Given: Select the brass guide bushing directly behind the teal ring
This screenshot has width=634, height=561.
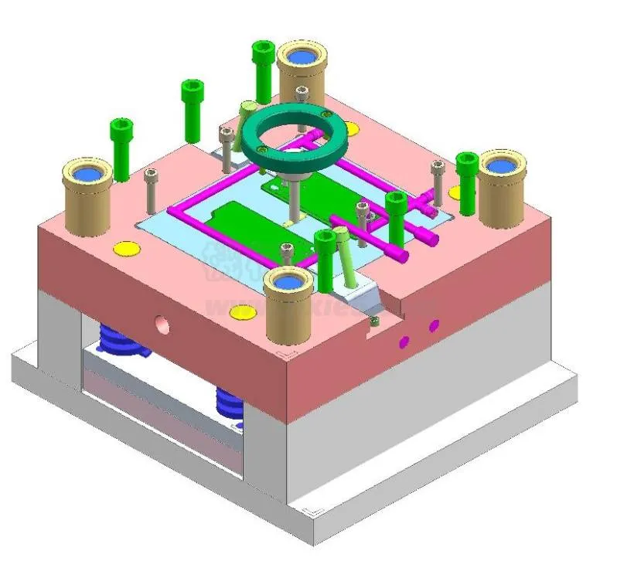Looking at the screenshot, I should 302,73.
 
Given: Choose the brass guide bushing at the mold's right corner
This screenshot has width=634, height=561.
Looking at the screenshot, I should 502,186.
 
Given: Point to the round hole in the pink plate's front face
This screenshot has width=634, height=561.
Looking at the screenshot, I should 162,322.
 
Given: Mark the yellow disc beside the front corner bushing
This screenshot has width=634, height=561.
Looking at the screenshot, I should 243,312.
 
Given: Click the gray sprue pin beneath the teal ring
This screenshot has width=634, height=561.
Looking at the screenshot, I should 295,197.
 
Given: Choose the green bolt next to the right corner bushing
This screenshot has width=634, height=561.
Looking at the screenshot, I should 466,182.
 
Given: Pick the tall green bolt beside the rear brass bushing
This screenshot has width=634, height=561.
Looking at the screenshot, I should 263,71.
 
